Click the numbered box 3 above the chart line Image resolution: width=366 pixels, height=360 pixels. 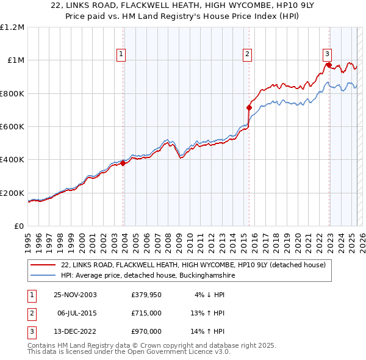tap(328, 53)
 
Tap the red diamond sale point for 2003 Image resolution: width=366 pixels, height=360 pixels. tap(123, 163)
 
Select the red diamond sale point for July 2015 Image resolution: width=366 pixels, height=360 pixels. tap(249, 107)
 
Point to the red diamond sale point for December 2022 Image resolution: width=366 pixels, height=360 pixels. tap(329, 65)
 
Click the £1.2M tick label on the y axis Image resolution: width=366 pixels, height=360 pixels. tap(12, 27)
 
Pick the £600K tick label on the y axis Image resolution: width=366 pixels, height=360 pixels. tap(12, 127)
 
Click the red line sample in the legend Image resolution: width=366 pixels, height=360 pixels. tap(44, 265)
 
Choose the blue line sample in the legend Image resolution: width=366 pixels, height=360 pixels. tap(44, 275)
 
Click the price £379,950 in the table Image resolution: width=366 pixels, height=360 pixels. tap(146, 295)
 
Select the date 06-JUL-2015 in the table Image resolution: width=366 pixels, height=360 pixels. tap(78, 313)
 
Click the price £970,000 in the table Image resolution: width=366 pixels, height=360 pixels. tap(146, 331)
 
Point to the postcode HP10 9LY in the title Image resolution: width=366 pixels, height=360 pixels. tap(242, 7)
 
